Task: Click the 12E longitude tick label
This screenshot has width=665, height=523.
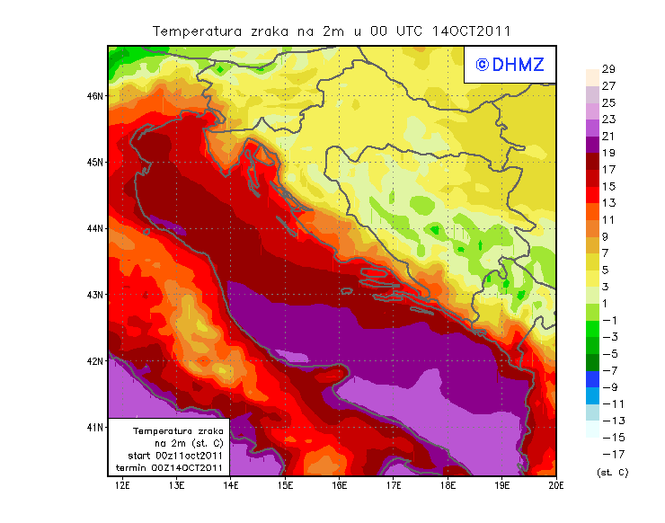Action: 122,486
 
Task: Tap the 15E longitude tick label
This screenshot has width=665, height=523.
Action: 285,486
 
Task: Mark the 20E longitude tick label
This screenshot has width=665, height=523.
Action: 556,486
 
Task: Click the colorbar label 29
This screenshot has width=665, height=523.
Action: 607,69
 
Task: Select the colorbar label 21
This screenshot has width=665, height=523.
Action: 607,136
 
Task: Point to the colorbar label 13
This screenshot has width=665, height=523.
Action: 607,203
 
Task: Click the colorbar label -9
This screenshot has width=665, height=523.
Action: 607,386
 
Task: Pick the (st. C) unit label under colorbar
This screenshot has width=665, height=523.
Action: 612,472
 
